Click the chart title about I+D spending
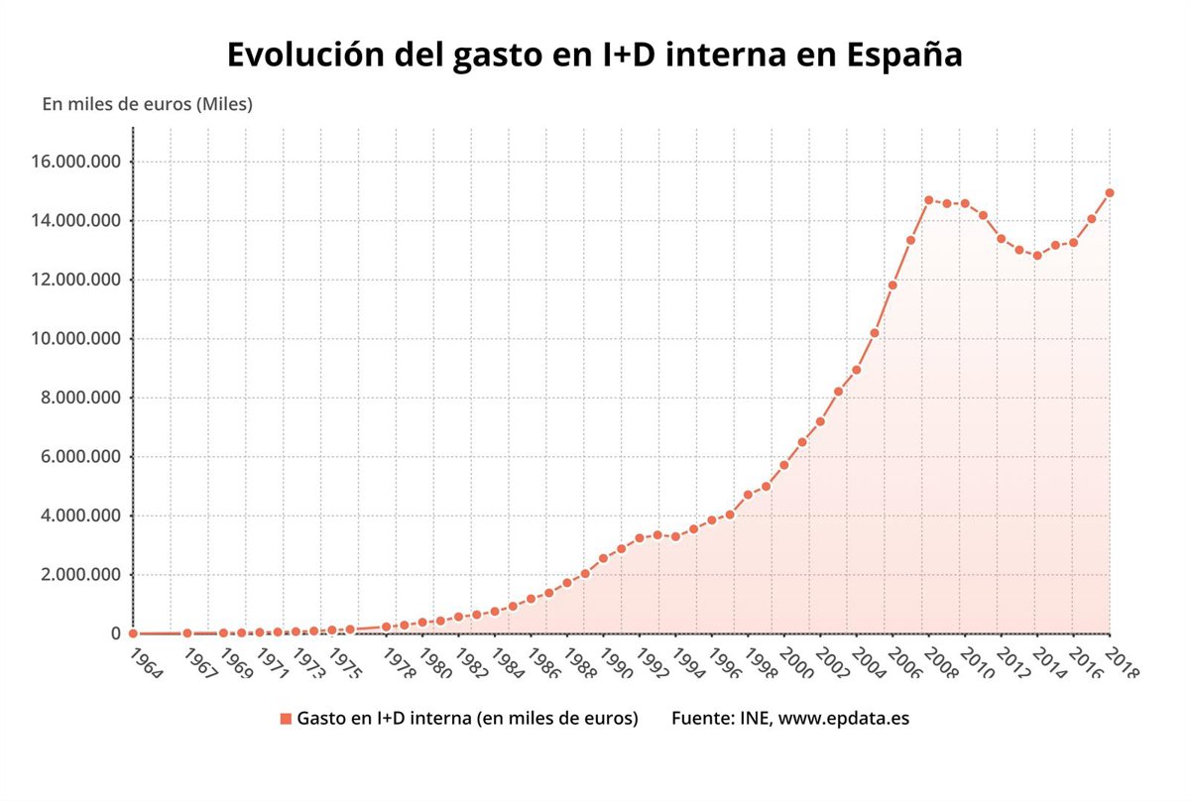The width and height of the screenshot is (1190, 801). pyautogui.click(x=594, y=55)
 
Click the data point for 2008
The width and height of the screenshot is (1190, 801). pyautogui.click(x=929, y=200)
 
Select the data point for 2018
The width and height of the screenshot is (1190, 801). pyautogui.click(x=1110, y=192)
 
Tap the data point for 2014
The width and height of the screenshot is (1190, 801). pyautogui.click(x=1037, y=256)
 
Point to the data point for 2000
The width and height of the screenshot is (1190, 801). pyautogui.click(x=784, y=465)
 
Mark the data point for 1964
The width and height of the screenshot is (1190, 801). pyautogui.click(x=133, y=633)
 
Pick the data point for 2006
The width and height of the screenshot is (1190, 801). pyautogui.click(x=892, y=286)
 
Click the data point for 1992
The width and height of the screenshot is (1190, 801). pyautogui.click(x=640, y=538)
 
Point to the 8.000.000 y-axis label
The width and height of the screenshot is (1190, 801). pyautogui.click(x=79, y=398)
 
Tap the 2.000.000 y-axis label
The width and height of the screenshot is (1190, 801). pyautogui.click(x=79, y=575)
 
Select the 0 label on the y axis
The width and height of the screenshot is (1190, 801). pyautogui.click(x=117, y=633)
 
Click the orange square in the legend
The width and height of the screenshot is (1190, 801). pyautogui.click(x=286, y=719)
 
